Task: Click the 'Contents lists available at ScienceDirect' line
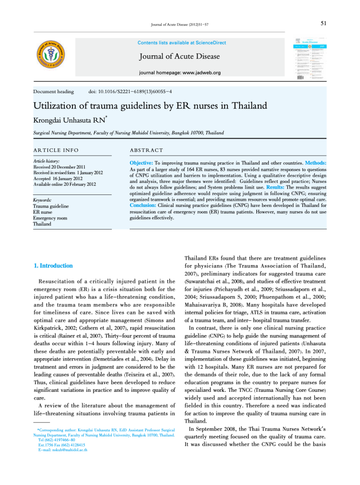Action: click(x=181, y=43)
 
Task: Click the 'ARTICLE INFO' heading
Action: click(x=56, y=150)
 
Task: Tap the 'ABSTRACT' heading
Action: click(x=146, y=150)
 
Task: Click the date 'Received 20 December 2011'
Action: click(x=60, y=167)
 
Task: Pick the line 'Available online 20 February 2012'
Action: click(x=65, y=184)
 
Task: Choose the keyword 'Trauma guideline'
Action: click(x=50, y=206)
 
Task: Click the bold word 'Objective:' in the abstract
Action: click(x=142, y=164)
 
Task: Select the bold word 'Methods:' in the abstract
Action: click(x=315, y=164)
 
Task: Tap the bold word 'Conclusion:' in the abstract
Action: click(x=144, y=205)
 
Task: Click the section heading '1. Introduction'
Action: click(x=53, y=266)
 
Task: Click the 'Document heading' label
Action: click(x=53, y=91)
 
